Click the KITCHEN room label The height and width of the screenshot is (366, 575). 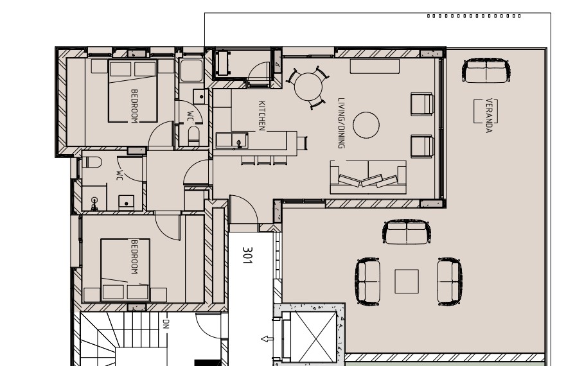point(261,116)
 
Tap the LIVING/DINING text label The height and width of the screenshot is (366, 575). point(341,123)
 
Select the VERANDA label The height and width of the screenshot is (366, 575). point(489,116)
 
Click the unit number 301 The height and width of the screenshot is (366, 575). point(247,255)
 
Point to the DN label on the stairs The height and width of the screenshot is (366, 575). point(166,324)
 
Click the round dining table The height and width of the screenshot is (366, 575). point(308,87)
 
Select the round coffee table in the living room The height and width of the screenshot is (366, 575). point(366,125)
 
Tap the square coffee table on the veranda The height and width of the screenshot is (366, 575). point(407,281)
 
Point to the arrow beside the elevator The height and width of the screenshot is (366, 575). point(267,339)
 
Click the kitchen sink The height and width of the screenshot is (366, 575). point(232,141)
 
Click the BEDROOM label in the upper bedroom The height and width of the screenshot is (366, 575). point(134,106)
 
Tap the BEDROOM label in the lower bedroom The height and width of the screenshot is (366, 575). point(134,257)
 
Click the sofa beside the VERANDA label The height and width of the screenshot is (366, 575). point(486,71)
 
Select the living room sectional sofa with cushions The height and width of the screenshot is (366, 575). point(368,177)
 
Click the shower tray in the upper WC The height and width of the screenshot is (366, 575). point(191,71)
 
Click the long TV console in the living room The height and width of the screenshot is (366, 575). point(375,66)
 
